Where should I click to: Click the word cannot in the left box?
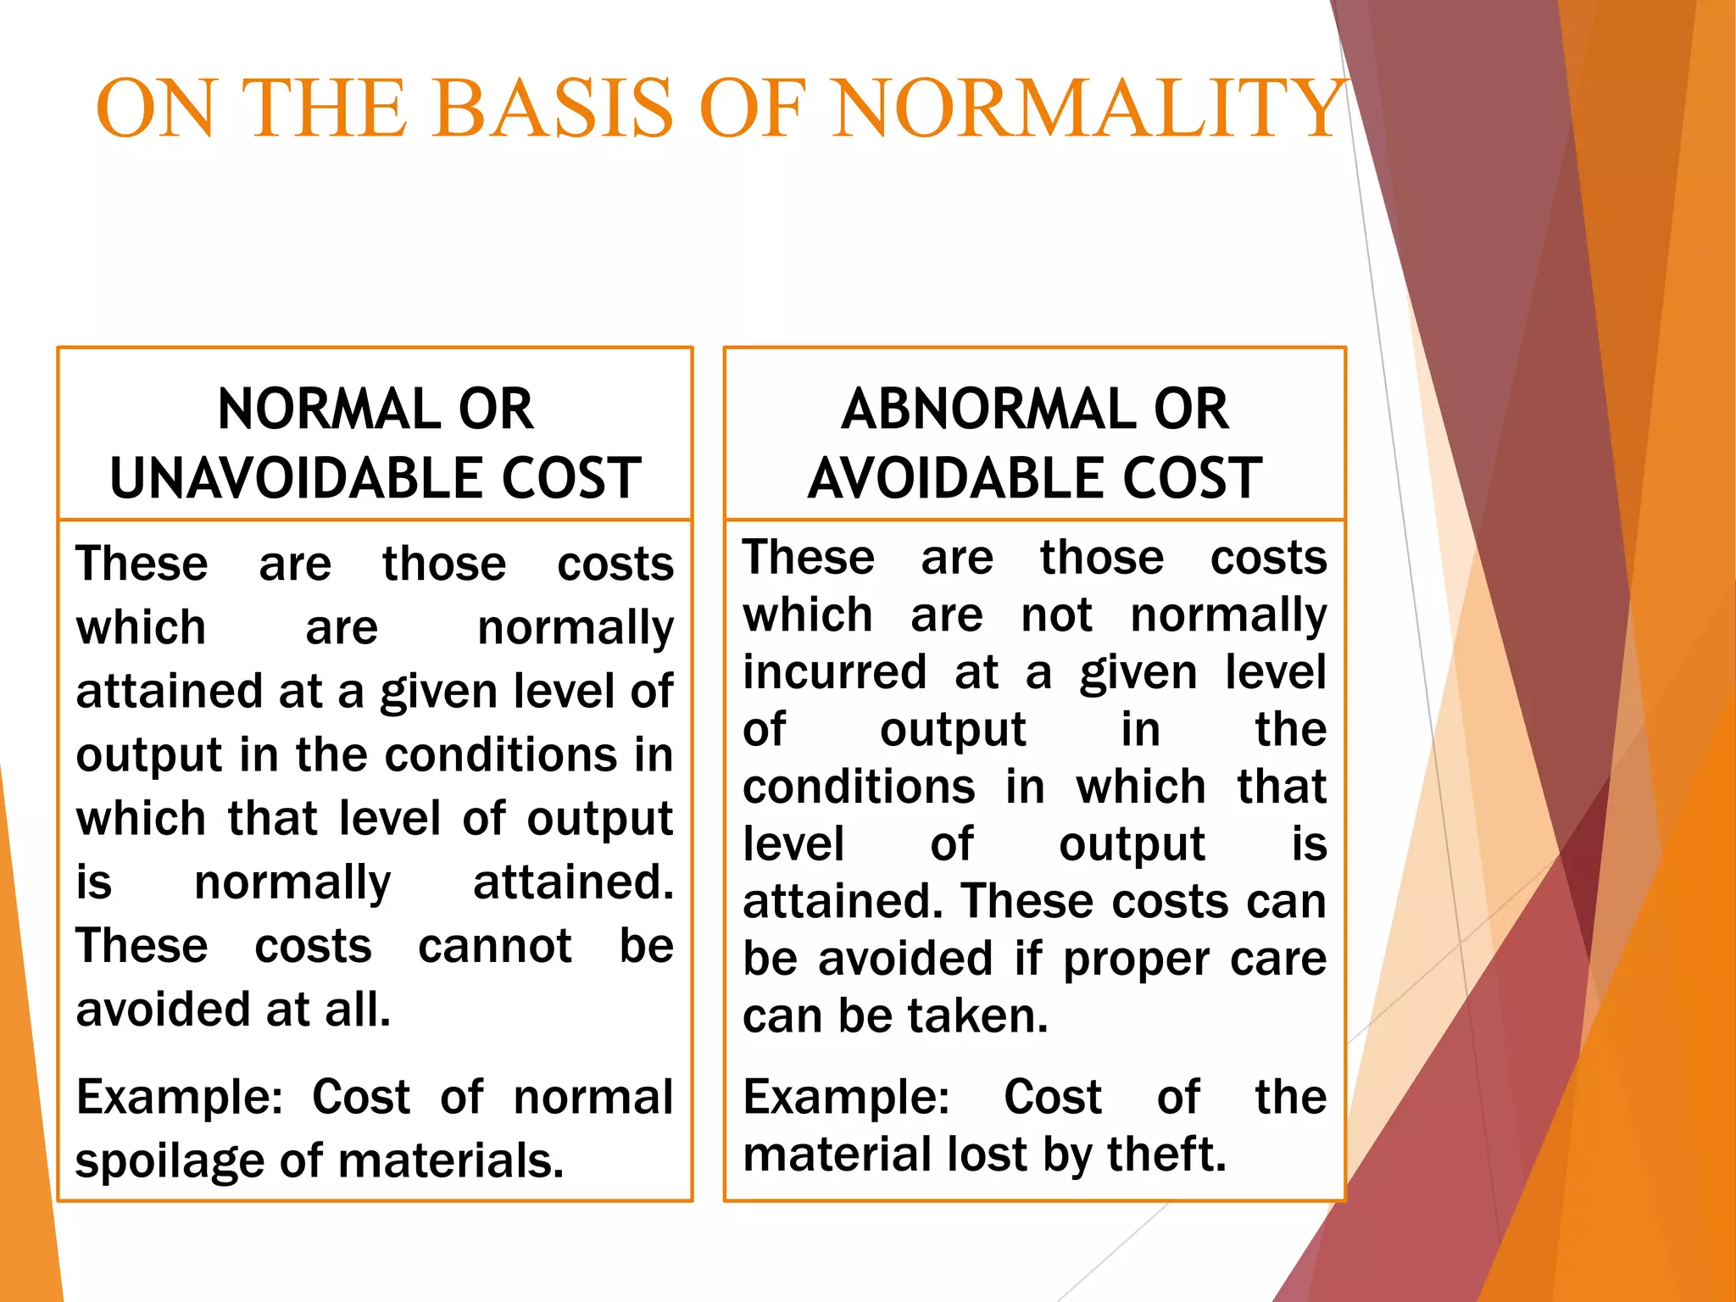(x=495, y=946)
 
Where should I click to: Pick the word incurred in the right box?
(x=835, y=672)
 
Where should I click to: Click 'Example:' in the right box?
(x=846, y=1098)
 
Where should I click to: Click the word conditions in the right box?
(x=859, y=787)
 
